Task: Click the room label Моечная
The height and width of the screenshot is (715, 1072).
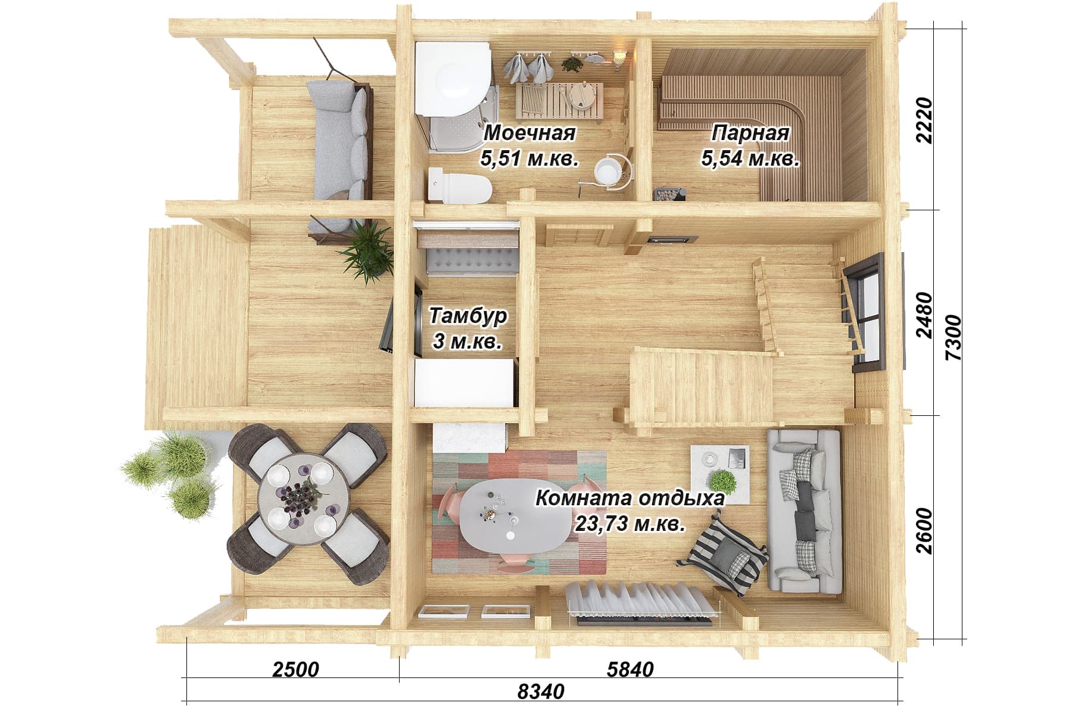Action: (529, 133)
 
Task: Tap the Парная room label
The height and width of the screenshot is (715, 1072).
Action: (750, 133)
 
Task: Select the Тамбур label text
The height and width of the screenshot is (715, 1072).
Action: (468, 315)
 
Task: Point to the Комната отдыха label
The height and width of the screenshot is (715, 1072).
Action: (630, 498)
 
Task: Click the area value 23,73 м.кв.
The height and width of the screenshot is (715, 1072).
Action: (630, 524)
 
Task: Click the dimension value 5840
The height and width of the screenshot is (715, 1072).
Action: (630, 669)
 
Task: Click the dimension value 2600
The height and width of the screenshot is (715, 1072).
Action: (924, 530)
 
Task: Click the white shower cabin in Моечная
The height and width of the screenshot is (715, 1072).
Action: (456, 95)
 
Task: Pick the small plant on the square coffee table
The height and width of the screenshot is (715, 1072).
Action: (722, 480)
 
